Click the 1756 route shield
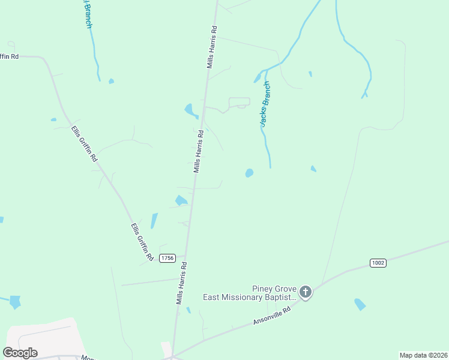(x=167, y=258)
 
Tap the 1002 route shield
(x=378, y=263)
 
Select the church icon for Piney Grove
(x=306, y=292)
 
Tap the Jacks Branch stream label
(x=265, y=104)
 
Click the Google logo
(x=20, y=352)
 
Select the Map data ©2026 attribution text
(x=423, y=355)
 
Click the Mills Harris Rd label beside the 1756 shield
(x=181, y=283)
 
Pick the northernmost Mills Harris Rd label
(x=211, y=47)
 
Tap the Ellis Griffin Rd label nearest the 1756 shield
(x=142, y=242)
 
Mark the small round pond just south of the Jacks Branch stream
(x=249, y=173)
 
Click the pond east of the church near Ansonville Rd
(x=360, y=304)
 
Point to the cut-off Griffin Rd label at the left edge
(x=10, y=56)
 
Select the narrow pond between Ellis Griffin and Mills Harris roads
(x=154, y=221)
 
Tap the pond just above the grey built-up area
(x=14, y=302)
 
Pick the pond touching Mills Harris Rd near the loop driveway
(x=191, y=111)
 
